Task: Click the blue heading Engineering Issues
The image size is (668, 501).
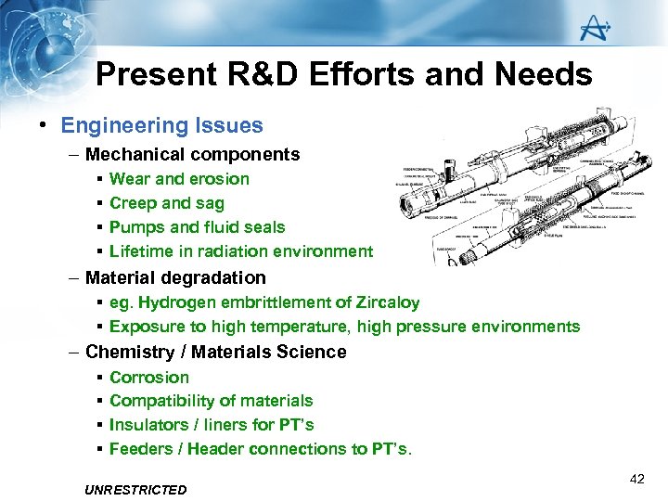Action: coord(162,125)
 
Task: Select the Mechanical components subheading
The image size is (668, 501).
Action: coord(192,154)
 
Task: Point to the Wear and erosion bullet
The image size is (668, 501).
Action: coord(179,179)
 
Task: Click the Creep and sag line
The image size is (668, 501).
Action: coord(167,203)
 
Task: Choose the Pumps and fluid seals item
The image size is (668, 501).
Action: coord(197,227)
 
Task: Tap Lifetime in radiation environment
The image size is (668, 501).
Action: coord(241,251)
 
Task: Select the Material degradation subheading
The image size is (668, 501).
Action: coord(175,277)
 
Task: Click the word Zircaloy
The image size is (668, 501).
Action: coord(388,302)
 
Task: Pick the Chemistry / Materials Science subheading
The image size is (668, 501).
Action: coord(215,352)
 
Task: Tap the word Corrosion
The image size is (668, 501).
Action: coord(149,378)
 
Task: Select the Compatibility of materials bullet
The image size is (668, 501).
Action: coord(212,401)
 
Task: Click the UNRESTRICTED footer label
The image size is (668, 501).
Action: coord(135,490)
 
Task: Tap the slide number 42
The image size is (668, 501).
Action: coord(636,479)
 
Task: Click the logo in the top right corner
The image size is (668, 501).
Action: coord(594,30)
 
